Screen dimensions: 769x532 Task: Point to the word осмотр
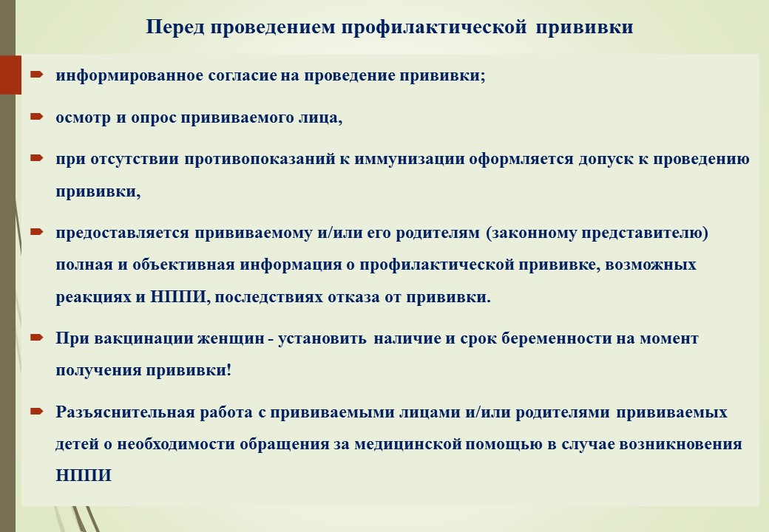(x=83, y=118)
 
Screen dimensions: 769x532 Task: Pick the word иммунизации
(x=409, y=159)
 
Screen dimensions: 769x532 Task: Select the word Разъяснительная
(x=126, y=412)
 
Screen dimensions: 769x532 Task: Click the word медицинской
(x=408, y=444)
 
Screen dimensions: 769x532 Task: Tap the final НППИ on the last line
(x=84, y=476)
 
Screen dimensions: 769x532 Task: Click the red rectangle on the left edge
(x=10, y=75)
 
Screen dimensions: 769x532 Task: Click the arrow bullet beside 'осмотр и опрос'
(x=37, y=117)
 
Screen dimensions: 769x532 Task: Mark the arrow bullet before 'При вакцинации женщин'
(x=37, y=337)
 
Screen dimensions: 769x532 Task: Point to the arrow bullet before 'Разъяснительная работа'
(x=37, y=411)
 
